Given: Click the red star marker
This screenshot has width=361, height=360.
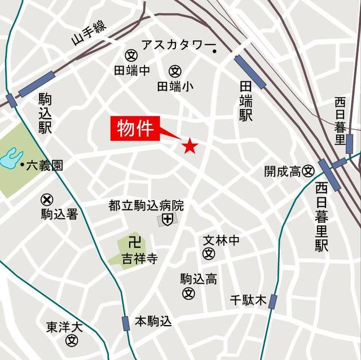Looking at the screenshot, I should (x=190, y=147).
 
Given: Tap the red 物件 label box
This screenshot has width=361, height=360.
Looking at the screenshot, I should (x=135, y=129).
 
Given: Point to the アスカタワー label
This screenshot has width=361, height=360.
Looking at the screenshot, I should (x=175, y=45).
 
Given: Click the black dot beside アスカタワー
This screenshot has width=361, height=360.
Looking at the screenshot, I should (x=215, y=52).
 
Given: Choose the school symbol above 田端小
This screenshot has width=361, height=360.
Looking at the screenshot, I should (x=175, y=71).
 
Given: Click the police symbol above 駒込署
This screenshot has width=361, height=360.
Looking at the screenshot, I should (x=47, y=199).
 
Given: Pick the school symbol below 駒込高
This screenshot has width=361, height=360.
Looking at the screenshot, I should (x=188, y=293).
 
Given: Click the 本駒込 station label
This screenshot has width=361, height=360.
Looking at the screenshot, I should (x=153, y=322).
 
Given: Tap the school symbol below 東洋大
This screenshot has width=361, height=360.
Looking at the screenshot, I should (x=72, y=340).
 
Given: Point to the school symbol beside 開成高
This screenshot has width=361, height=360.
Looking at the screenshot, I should (x=309, y=170).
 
